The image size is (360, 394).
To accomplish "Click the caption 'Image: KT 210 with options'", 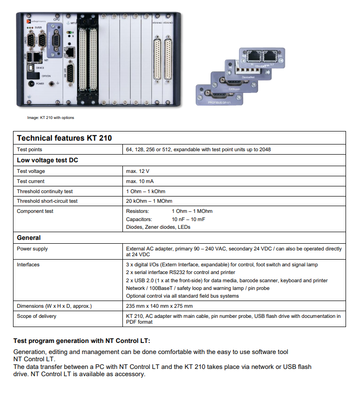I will [51, 118].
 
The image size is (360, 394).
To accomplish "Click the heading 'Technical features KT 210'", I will [64, 138].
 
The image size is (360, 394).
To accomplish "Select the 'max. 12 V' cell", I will [138, 171].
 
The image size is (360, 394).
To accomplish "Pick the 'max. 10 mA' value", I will [139, 181].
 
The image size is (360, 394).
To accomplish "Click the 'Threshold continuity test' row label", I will [45, 191].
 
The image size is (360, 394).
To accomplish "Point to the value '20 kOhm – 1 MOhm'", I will [149, 201].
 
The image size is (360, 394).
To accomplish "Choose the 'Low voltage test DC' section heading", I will [47, 160].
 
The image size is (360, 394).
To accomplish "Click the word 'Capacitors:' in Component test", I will [139, 219].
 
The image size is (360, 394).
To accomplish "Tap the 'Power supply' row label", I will [32, 249].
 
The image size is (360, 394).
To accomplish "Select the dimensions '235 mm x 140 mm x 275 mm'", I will [159, 306].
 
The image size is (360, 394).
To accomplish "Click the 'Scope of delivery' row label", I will [37, 316].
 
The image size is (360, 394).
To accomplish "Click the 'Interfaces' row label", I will [28, 264].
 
